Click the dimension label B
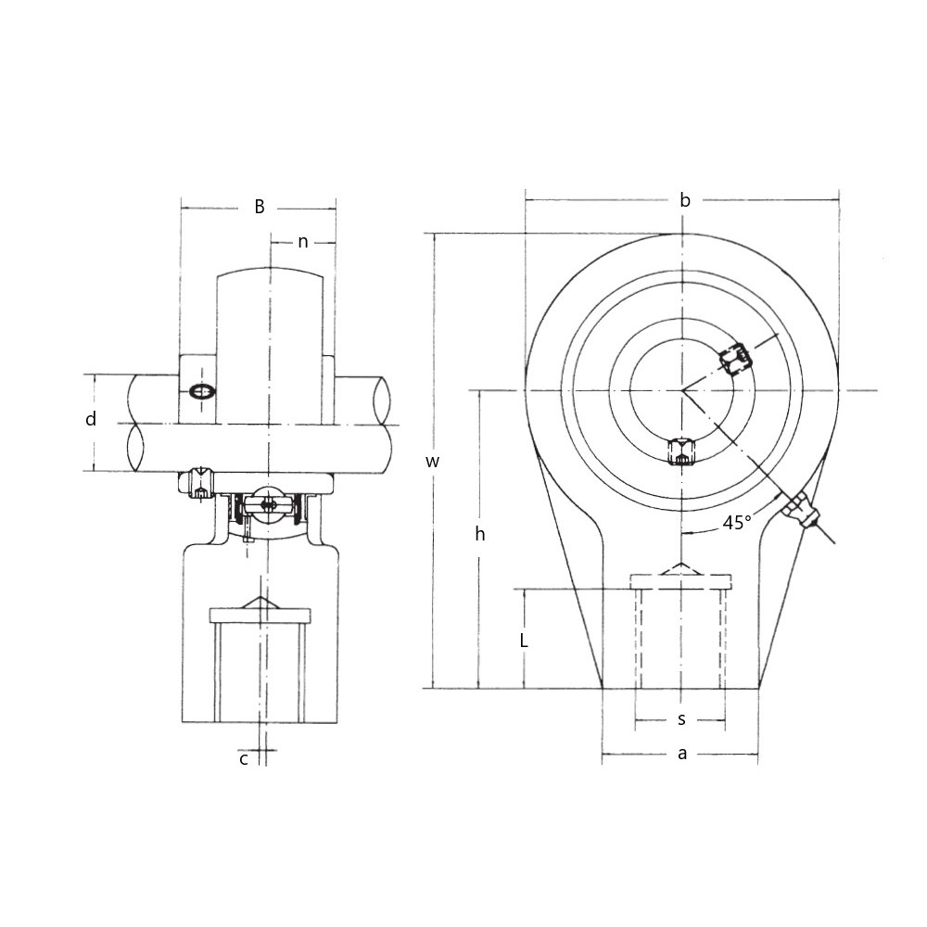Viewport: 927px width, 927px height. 260,207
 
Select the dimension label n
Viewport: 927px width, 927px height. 303,242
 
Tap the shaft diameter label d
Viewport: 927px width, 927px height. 91,420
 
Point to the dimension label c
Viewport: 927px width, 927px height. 244,758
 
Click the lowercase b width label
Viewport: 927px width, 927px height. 684,200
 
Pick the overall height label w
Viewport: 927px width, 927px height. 433,461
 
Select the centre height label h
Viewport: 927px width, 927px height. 479,534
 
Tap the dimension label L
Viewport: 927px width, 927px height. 524,641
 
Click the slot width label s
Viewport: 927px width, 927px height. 681,719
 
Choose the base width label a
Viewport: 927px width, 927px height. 682,754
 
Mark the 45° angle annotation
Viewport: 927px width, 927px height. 737,524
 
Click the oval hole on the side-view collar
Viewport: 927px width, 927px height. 200,392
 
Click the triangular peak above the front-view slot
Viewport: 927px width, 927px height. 681,567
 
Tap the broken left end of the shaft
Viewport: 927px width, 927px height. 134,423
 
